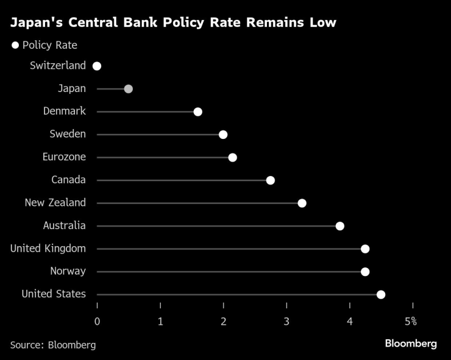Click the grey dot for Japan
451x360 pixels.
point(128,89)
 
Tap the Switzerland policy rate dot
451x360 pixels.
point(97,66)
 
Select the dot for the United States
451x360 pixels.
point(381,295)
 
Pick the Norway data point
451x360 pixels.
point(365,272)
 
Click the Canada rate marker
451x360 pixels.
point(271,180)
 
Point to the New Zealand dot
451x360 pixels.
point(302,203)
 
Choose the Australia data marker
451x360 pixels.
point(340,226)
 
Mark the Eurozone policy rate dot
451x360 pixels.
point(232,158)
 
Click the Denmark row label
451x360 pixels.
point(65,111)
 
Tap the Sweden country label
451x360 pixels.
point(68,134)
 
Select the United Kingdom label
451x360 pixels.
point(49,249)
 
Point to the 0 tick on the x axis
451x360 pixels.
point(97,321)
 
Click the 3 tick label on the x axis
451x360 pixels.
point(286,321)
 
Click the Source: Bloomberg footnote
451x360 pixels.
point(53,345)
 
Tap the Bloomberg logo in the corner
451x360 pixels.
point(411,344)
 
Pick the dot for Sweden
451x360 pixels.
point(223,135)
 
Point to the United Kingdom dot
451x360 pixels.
point(365,249)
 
